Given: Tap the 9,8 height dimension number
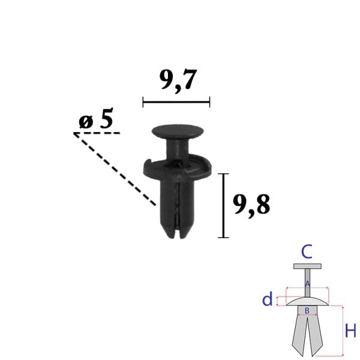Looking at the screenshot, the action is coord(251,205).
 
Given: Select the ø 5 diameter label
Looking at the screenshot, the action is coord(96,118).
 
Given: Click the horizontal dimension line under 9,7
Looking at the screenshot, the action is coord(176,102).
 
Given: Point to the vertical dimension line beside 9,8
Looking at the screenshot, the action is coord(223,205).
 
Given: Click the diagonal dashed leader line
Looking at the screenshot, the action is coord(115,169).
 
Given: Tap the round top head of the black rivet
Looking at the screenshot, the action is coord(178,131).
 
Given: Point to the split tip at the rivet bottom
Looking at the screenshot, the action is coord(178,232).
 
